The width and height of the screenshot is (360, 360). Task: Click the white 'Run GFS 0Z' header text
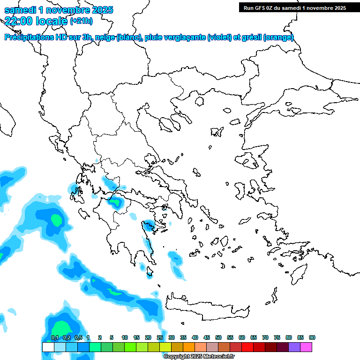point(292,7)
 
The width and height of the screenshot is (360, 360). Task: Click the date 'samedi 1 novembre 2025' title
point(59,10)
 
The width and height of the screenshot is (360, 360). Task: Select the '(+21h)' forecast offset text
point(81,21)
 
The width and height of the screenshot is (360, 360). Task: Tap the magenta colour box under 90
point(306,347)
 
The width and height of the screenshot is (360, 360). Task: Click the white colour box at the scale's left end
point(48,347)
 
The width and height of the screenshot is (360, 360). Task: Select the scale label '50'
point(218,338)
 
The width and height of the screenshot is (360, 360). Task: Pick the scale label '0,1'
point(54,338)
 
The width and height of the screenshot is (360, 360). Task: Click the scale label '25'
point(160,338)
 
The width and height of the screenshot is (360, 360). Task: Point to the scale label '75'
point(277,338)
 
